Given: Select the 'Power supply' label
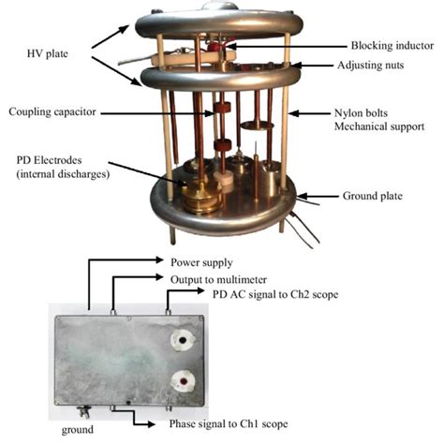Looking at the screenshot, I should (x=201, y=262).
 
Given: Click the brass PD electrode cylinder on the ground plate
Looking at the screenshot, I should (x=200, y=198).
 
